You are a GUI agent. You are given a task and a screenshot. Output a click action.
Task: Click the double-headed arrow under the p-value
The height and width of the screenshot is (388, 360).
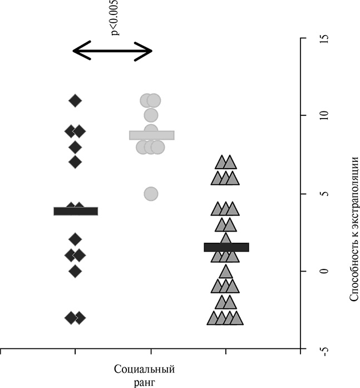coord(112,52)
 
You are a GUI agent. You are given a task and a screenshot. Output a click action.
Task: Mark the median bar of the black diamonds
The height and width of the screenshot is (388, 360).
coord(76,211)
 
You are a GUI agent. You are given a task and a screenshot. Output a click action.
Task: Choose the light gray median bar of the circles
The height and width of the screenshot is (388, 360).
coord(152,135)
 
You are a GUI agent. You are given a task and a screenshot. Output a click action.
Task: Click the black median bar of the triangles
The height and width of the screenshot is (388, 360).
coord(226,247)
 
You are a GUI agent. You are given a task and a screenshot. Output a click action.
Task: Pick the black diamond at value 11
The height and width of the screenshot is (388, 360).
coord(75,101)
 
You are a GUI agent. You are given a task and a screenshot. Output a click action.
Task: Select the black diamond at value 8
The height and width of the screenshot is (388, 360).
coord(75,147)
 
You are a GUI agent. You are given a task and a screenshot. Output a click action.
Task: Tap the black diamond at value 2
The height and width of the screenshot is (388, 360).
coord(75,239)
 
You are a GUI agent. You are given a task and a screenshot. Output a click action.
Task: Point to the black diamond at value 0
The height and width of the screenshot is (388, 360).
coord(75,271)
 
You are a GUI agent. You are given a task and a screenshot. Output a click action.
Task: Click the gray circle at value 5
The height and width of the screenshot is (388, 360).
coord(151,193)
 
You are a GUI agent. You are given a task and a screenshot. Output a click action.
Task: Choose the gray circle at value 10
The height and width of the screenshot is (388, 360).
coord(151,115)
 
